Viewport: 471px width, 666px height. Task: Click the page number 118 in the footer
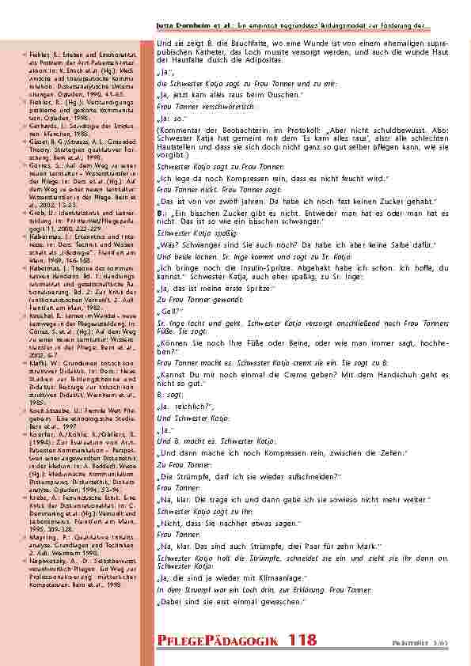coord(303,639)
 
